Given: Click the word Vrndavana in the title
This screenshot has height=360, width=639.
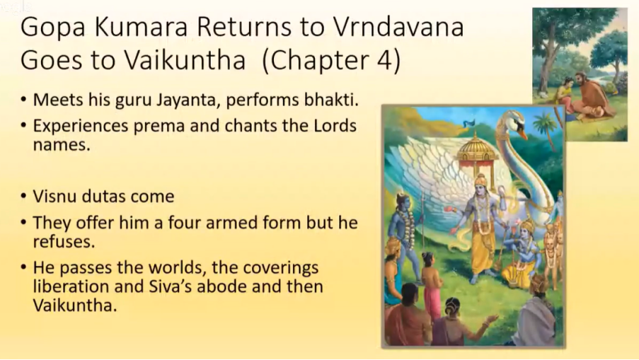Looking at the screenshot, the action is pos(398,27).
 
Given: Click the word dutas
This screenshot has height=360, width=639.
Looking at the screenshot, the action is pos(108,197).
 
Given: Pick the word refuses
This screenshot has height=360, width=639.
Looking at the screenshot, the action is pos(64,241).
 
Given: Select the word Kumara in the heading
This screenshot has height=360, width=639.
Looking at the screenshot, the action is pos(141,27).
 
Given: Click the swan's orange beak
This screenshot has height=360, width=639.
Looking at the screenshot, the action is pos(522,134).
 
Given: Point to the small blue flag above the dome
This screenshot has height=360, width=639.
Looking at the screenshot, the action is pos(470,123).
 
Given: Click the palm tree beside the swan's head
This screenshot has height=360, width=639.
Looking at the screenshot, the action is pos(546,128).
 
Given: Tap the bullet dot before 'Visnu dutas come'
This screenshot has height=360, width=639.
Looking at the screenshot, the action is pos(24,197).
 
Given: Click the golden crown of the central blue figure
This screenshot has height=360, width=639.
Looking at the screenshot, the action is pos(481,180).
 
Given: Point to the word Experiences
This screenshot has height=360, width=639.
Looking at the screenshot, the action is pos(81,127).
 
